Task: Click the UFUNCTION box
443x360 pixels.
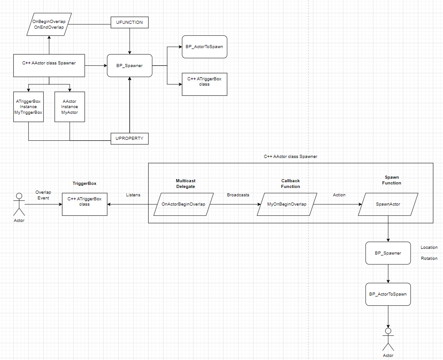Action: click(x=129, y=22)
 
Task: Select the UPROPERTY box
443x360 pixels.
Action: click(x=129, y=139)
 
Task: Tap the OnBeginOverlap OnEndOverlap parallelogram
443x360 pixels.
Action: click(x=48, y=24)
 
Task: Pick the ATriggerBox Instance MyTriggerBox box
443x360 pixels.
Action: click(x=29, y=107)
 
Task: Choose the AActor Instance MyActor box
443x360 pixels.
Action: click(x=69, y=107)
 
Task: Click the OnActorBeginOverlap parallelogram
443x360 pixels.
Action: click(x=183, y=204)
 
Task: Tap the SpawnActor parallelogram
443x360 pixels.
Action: click(x=388, y=204)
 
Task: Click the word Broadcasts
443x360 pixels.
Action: click(x=238, y=195)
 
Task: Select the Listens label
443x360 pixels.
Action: click(x=133, y=195)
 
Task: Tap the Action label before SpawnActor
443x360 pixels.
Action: click(x=339, y=195)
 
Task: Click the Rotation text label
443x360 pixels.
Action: click(x=429, y=259)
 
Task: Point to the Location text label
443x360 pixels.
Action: click(x=429, y=247)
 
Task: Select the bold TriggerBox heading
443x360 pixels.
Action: click(x=84, y=183)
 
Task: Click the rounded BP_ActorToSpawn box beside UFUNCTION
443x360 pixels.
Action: click(x=205, y=47)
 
